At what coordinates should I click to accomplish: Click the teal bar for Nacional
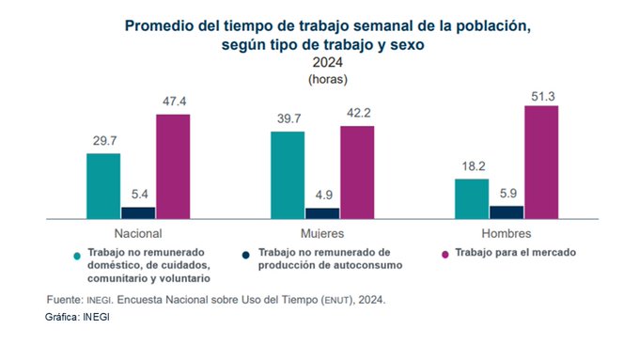click(103, 186)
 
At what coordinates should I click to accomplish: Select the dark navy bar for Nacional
click(138, 213)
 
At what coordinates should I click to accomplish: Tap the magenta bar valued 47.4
click(173, 166)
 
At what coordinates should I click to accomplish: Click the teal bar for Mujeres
click(288, 176)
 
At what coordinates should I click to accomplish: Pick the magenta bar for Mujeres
click(357, 172)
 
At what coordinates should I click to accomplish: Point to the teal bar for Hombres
click(472, 199)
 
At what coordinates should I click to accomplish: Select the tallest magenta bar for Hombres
click(541, 163)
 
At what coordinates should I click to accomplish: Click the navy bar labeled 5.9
click(507, 212)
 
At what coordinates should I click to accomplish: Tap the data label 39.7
click(288, 118)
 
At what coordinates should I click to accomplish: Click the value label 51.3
click(543, 97)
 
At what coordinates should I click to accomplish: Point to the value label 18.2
click(474, 166)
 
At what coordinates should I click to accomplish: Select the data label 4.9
click(323, 195)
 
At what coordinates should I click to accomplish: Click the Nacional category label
click(138, 234)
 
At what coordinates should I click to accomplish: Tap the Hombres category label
click(507, 234)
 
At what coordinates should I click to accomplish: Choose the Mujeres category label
click(322, 234)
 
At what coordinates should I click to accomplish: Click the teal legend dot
click(77, 256)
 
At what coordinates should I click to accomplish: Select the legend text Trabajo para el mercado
click(516, 252)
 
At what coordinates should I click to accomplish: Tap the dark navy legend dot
click(245, 256)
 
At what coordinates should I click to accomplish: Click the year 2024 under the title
click(328, 62)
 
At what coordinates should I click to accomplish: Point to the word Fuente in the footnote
click(65, 300)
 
